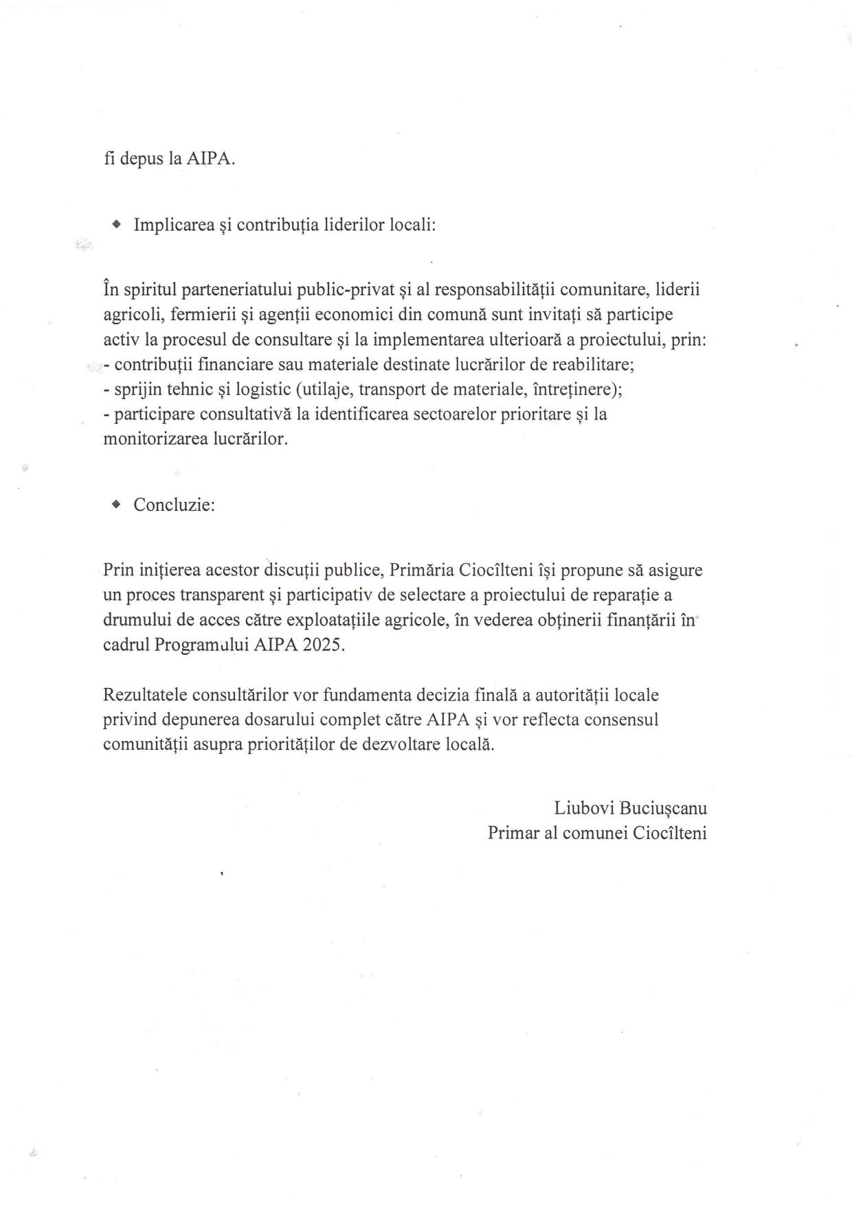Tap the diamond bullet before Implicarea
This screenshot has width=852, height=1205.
point(116,225)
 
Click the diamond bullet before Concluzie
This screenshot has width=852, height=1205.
point(116,505)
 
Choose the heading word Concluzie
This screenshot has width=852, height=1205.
point(174,505)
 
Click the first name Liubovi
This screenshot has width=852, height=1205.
point(583,808)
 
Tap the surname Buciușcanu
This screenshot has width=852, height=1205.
point(663,808)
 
